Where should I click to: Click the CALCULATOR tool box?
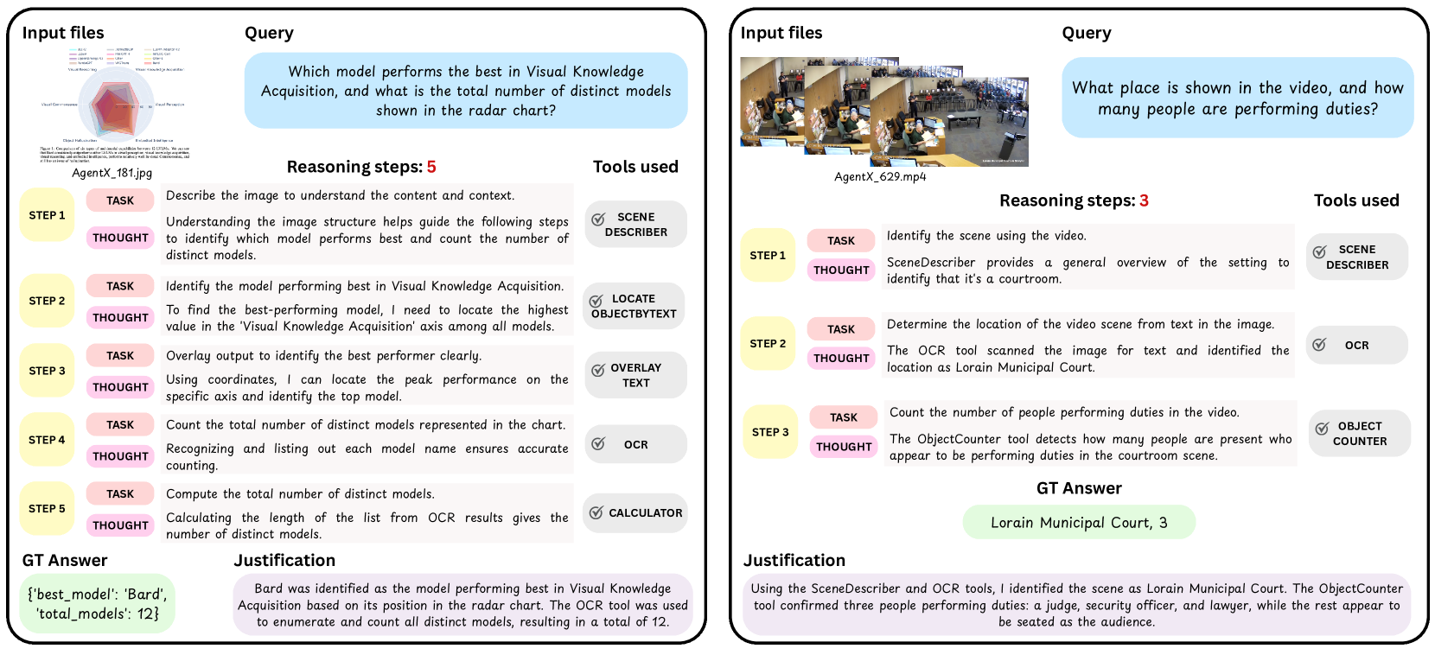[x=635, y=513]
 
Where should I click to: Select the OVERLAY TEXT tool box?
[x=635, y=375]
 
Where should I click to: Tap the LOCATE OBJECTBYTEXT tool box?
[x=634, y=306]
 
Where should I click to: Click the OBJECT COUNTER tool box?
[x=1359, y=434]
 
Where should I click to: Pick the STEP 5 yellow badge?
[x=47, y=509]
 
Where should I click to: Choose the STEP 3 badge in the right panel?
[x=770, y=432]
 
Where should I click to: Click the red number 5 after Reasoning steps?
[x=431, y=167]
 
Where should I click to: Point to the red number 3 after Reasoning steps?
[x=1144, y=200]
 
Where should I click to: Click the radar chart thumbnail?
[x=114, y=104]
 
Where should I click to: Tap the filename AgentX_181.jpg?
[x=112, y=173]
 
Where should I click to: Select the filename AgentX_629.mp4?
[x=879, y=176]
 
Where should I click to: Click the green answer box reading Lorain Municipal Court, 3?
[x=1079, y=523]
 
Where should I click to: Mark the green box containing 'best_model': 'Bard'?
[x=97, y=603]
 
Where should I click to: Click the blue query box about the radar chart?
[x=466, y=91]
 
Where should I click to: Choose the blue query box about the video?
[x=1237, y=98]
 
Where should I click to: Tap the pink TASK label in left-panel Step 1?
[x=120, y=200]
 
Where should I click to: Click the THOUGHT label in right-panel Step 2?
[x=841, y=358]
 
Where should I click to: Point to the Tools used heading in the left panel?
[x=635, y=167]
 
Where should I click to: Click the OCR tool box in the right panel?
[x=1356, y=346]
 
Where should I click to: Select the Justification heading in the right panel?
[x=794, y=560]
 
